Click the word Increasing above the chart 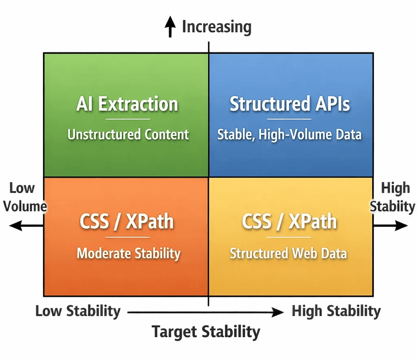[216, 27]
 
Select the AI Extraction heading [127, 104]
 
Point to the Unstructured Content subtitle [128, 134]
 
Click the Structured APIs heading [290, 104]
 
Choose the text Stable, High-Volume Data [289, 134]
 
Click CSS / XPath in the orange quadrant [127, 222]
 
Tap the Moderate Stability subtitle [128, 253]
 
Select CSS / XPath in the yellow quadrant [289, 222]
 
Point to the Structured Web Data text [288, 253]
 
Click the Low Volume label [23, 197]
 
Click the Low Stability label [78, 311]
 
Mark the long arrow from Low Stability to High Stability [206, 312]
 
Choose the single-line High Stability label [336, 311]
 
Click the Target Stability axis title [206, 332]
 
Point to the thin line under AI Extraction [128, 119]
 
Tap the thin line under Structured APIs [289, 119]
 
